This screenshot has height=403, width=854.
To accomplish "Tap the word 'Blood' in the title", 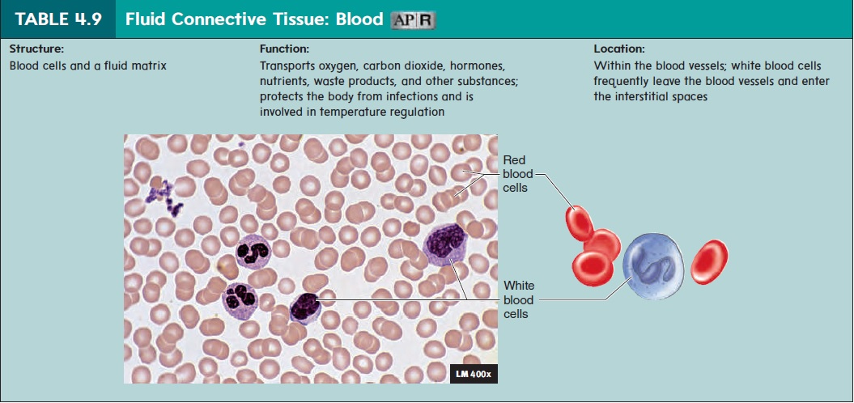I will point(357,19).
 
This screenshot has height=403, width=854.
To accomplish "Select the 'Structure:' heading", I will point(36,49).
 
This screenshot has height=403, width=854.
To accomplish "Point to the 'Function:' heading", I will point(284,49).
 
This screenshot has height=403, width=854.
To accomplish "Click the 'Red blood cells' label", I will point(516,175).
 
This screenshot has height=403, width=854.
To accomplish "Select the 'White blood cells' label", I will point(519,299).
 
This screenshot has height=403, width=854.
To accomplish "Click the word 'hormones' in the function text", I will point(484,66).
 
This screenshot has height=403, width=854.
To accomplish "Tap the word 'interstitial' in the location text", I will point(643,97).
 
